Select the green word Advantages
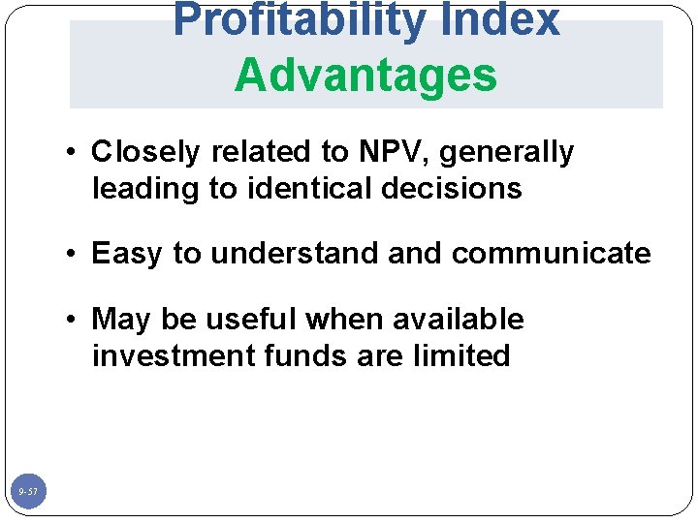365,75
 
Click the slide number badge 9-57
28,493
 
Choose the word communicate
551,254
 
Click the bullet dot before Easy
73,255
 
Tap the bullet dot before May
73,321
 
